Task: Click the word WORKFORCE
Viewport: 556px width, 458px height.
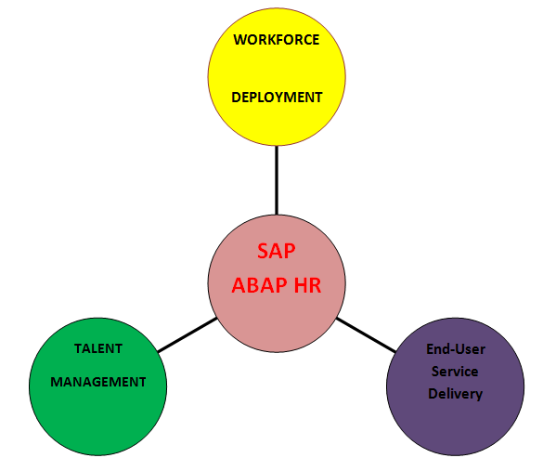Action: click(x=277, y=40)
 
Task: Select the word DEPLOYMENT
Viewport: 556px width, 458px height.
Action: click(x=277, y=98)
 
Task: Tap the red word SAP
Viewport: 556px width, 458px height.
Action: click(x=277, y=251)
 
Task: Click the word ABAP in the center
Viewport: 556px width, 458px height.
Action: click(x=259, y=285)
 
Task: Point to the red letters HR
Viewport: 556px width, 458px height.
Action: click(x=307, y=285)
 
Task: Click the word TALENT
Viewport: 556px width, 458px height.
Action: click(x=98, y=348)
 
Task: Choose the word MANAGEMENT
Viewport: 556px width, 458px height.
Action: click(x=98, y=382)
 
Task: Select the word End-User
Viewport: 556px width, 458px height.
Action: click(x=456, y=349)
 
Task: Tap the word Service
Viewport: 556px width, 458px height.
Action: click(x=455, y=372)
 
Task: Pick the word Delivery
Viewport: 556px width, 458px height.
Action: click(x=456, y=394)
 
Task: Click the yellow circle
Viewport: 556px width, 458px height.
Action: click(x=277, y=76)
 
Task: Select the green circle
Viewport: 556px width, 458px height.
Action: click(x=97, y=386)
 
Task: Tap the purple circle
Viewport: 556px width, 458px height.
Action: click(x=456, y=386)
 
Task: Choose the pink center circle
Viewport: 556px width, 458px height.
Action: click(x=277, y=283)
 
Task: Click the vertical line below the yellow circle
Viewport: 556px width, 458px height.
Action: click(x=277, y=180)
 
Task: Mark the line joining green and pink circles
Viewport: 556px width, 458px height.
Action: click(x=187, y=334)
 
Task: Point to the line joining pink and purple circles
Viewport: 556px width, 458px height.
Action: click(x=366, y=334)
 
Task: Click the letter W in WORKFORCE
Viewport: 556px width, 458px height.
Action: click(x=239, y=40)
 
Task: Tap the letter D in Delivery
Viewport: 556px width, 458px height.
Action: click(x=433, y=393)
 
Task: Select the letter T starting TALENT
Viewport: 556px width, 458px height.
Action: click(x=78, y=348)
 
